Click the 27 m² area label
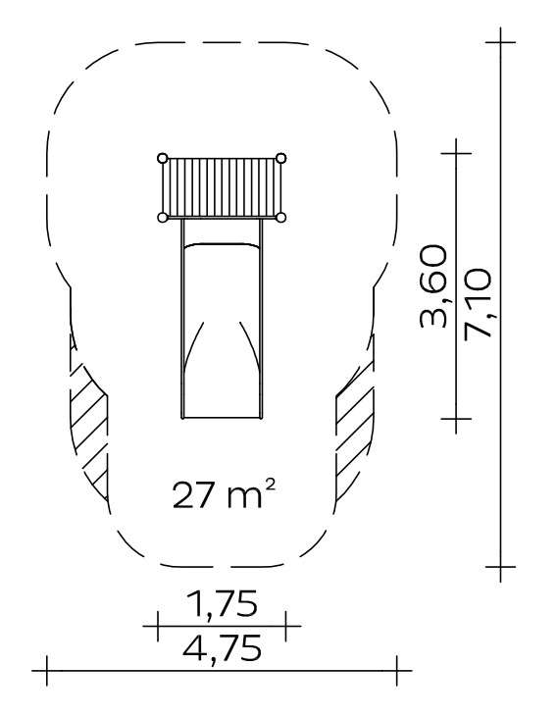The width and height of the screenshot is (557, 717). click(225, 493)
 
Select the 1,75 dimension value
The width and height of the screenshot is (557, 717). click(223, 603)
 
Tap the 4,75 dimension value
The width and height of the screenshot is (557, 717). click(223, 647)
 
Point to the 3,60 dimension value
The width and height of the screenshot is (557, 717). click(432, 286)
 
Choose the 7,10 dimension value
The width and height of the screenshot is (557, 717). click(478, 304)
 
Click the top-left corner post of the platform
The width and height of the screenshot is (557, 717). click(162, 158)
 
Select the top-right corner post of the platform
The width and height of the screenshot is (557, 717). click(281, 158)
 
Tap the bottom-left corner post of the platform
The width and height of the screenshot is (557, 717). click(162, 217)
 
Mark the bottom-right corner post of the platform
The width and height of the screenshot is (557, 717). click(281, 217)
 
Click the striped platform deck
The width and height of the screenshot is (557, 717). click(222, 188)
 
